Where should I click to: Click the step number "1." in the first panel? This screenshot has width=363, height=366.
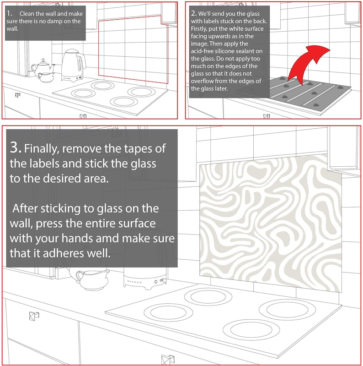point(10,14)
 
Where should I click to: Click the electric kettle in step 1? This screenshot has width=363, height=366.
point(73,64)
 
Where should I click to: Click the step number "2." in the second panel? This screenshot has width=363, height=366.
point(193,14)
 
